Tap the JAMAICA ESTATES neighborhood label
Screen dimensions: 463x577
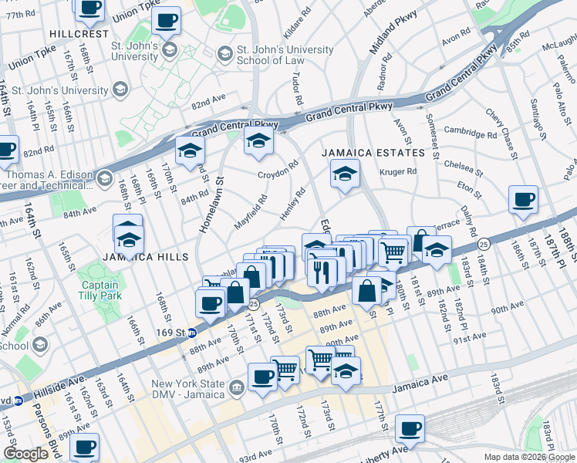[373, 153]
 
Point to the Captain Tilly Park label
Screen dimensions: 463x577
[101, 290]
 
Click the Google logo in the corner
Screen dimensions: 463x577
[26, 454]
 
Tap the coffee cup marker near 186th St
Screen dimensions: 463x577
[523, 201]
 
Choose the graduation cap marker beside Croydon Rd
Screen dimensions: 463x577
[259, 141]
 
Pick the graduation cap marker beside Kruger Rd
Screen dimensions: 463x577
[345, 174]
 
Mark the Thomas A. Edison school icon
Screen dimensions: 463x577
[104, 180]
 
